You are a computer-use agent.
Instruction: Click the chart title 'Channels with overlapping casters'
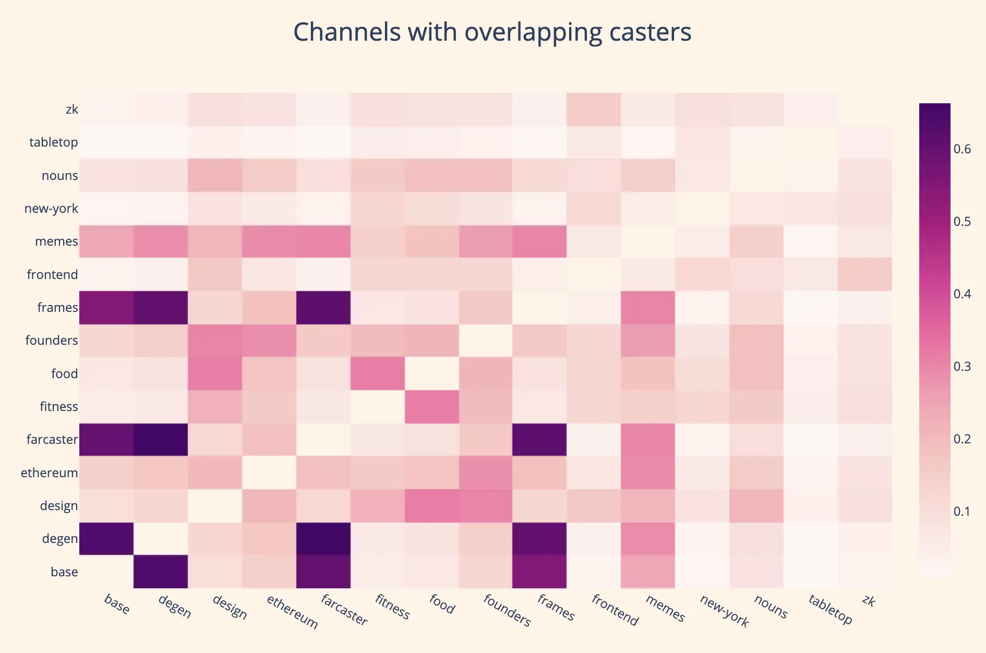pyautogui.click(x=492, y=32)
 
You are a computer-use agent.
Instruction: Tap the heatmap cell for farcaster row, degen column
pyautogui.click(x=161, y=440)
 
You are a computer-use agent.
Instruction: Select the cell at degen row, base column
pyautogui.click(x=106, y=539)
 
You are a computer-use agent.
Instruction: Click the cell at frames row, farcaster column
pyautogui.click(x=323, y=308)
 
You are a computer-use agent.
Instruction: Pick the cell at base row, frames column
pyautogui.click(x=539, y=572)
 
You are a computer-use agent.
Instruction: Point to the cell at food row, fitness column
pyautogui.click(x=378, y=373)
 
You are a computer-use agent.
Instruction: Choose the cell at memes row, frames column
pyautogui.click(x=539, y=241)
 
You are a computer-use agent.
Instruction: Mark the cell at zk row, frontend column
pyautogui.click(x=594, y=110)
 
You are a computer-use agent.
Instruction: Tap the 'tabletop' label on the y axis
pyautogui.click(x=54, y=142)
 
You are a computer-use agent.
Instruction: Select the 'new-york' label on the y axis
pyautogui.click(x=51, y=209)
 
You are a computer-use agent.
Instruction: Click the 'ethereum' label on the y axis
pyautogui.click(x=50, y=473)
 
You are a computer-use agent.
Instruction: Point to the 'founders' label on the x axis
pyautogui.click(x=507, y=610)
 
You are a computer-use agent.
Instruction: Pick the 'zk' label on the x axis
pyautogui.click(x=868, y=601)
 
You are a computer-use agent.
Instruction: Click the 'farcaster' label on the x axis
pyautogui.click(x=344, y=610)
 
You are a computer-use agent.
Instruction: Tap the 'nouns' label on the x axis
pyautogui.click(x=771, y=607)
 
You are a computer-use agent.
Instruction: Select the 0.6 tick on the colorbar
pyautogui.click(x=962, y=149)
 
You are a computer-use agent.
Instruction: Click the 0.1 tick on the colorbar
pyautogui.click(x=962, y=512)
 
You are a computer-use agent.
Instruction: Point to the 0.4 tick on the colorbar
pyautogui.click(x=962, y=294)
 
